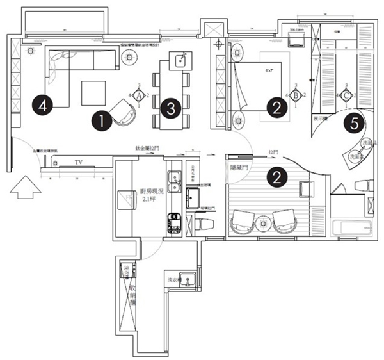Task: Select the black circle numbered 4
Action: (42, 103)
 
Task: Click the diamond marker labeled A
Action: (138, 95)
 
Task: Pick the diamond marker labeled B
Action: (296, 95)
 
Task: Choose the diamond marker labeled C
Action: (346, 95)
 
